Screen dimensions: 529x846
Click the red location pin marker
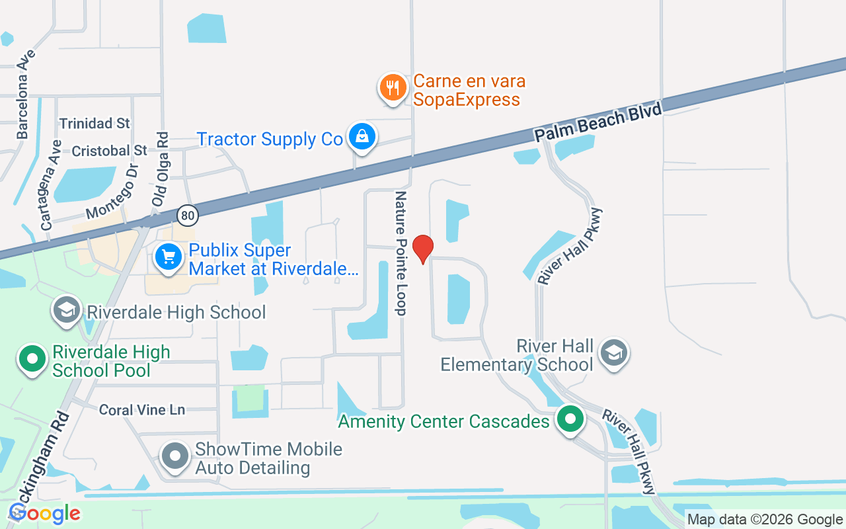point(422,249)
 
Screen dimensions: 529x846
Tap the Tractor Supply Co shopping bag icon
point(362,137)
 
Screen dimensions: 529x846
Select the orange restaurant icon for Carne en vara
point(393,87)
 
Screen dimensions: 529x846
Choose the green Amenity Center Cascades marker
point(570,419)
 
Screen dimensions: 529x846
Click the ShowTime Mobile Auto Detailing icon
point(176,456)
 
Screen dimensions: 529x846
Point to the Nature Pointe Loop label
point(401,253)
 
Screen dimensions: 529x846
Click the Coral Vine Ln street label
point(142,410)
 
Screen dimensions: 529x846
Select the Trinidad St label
point(95,124)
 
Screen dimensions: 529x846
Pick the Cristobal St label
point(109,151)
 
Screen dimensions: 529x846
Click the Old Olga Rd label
point(160,169)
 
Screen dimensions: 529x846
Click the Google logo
point(45,513)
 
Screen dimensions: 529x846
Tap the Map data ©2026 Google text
point(765,520)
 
